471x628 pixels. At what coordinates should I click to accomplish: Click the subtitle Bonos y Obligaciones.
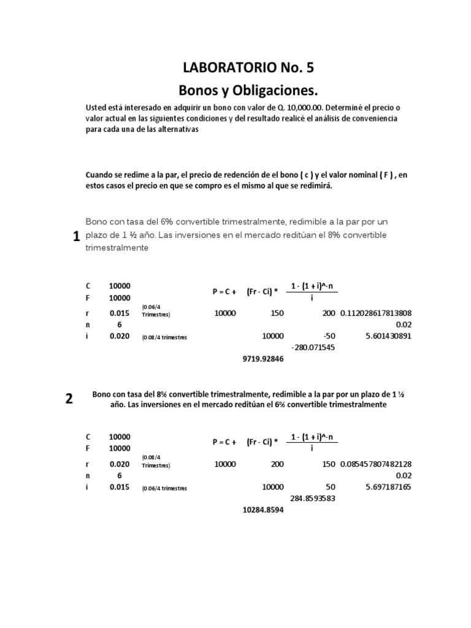pyautogui.click(x=248, y=91)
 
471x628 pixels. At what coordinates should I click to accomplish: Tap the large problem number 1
pyautogui.click(x=76, y=238)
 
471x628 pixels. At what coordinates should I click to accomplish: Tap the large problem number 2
pyautogui.click(x=69, y=399)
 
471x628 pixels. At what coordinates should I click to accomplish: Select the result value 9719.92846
pyautogui.click(x=264, y=360)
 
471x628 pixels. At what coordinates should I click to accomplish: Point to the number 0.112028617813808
pyautogui.click(x=376, y=313)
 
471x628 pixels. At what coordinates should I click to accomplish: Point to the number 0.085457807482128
pyautogui.click(x=376, y=464)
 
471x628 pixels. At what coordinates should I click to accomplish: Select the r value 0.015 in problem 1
pyautogui.click(x=119, y=313)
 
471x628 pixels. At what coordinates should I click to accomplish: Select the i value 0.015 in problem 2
pyautogui.click(x=119, y=487)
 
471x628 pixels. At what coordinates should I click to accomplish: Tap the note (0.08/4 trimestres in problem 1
pyautogui.click(x=164, y=337)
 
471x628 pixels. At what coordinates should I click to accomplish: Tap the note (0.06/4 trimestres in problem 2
pyautogui.click(x=164, y=488)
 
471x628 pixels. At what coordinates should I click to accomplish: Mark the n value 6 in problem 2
pyautogui.click(x=119, y=475)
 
